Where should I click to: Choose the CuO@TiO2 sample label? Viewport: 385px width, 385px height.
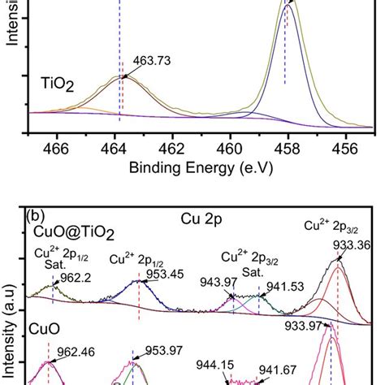[60, 233]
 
